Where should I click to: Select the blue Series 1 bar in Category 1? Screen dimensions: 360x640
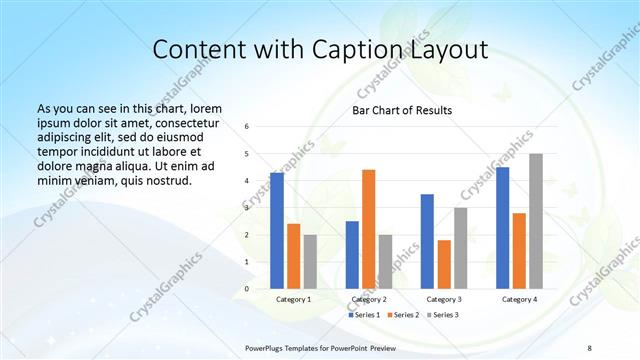[277, 231]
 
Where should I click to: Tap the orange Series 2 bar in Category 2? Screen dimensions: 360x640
[368, 229]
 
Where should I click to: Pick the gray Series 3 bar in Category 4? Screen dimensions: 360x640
[536, 221]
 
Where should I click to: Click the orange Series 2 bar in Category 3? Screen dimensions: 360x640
[444, 264]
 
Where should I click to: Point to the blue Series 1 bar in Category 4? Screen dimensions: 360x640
[502, 228]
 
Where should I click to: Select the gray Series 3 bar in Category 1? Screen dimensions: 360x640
[310, 262]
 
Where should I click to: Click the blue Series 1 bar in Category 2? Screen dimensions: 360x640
[352, 255]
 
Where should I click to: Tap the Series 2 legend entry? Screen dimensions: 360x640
[402, 315]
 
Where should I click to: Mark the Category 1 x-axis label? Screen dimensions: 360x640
[293, 299]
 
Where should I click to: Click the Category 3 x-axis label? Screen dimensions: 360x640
[444, 299]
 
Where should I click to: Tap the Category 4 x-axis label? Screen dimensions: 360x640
[519, 299]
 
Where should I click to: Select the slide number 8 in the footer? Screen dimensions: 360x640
[590, 347]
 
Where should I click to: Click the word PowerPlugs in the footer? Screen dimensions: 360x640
[268, 347]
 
